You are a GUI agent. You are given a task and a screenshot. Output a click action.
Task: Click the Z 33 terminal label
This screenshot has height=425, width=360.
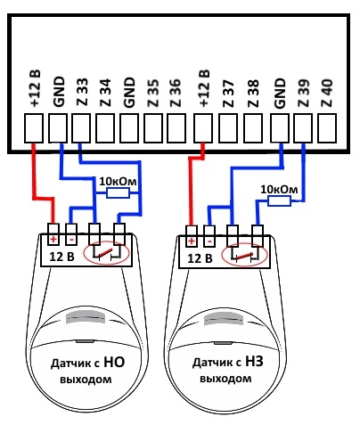tap(83, 92)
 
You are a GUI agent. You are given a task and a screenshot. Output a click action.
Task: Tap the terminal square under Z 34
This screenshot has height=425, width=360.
tap(105, 128)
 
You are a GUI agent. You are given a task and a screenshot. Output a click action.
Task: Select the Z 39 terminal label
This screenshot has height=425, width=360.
tap(303, 93)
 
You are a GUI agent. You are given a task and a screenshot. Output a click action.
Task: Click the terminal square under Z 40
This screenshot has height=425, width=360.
tap(327, 128)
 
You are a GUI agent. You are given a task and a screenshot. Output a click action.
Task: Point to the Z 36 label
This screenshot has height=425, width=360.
tap(176, 93)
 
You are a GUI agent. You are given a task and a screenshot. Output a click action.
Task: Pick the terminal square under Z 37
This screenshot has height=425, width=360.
tap(227, 128)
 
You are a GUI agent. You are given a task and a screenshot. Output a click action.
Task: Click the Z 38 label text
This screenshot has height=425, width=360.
tap(253, 94)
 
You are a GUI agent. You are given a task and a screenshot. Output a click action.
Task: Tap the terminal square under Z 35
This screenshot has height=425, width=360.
tap(153, 128)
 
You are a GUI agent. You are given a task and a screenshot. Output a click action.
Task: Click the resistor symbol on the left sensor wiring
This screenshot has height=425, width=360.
tap(118, 193)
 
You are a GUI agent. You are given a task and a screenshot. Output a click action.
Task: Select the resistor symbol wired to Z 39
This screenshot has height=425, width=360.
tap(279, 201)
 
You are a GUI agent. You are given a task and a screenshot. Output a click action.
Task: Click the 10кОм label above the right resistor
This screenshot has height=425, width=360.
tap(279, 190)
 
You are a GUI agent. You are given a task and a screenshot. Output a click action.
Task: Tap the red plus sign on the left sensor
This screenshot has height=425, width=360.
tap(53, 240)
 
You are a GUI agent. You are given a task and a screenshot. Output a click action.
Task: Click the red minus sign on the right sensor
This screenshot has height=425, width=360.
tap(209, 241)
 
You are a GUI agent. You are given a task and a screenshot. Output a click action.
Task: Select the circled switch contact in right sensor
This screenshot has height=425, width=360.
tap(244, 256)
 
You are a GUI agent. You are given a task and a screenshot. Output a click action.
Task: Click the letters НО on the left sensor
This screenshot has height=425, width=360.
tap(114, 362)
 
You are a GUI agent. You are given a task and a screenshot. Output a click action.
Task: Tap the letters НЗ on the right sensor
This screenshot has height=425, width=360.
tap(254, 362)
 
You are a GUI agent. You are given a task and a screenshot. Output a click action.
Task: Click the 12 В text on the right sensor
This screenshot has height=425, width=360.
tap(200, 258)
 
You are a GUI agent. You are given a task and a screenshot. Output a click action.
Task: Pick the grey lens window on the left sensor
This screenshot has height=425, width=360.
tap(86, 317)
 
